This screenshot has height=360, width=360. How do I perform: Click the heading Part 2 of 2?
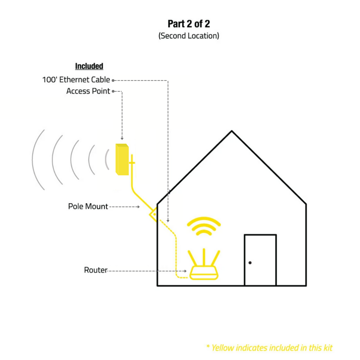(189, 24)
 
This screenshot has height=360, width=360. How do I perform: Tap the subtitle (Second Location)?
(189, 36)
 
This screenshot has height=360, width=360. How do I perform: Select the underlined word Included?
(89, 66)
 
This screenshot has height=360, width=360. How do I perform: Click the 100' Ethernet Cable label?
(76, 80)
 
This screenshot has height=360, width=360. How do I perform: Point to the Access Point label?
(88, 91)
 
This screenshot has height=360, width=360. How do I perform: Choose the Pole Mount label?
(88, 206)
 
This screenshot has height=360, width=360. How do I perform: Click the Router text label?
(95, 270)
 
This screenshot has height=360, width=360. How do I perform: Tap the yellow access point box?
(122, 159)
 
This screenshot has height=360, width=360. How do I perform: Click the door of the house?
(260, 260)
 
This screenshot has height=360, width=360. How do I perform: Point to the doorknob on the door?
(250, 263)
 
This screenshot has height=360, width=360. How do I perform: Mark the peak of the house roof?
(232, 131)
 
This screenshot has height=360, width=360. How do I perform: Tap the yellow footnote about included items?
(269, 348)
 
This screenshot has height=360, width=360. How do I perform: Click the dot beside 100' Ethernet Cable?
(113, 80)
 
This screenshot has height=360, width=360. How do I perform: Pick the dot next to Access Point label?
(113, 91)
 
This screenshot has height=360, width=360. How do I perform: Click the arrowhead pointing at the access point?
(122, 138)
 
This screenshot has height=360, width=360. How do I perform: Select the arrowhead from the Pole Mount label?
(138, 207)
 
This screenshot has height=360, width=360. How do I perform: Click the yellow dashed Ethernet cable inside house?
(176, 253)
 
